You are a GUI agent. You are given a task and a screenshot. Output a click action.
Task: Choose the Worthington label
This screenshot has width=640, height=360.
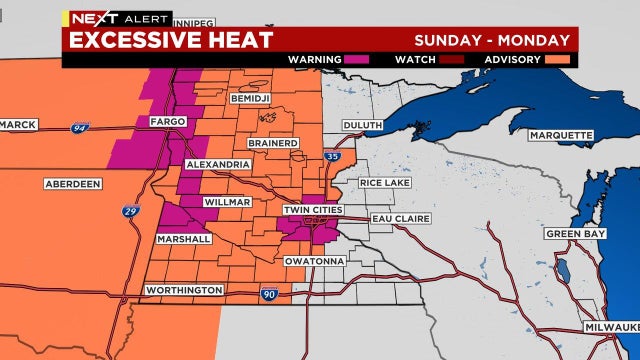183,289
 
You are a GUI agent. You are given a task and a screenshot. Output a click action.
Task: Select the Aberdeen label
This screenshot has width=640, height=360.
76,184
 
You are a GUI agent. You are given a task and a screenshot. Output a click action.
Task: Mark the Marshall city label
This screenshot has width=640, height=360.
184,239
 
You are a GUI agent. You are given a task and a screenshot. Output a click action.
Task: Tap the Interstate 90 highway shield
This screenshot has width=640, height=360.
268,293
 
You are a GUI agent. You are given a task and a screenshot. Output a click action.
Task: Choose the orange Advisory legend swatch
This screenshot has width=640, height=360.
558,59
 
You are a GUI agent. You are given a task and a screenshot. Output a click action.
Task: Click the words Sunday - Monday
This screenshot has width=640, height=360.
492,40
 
